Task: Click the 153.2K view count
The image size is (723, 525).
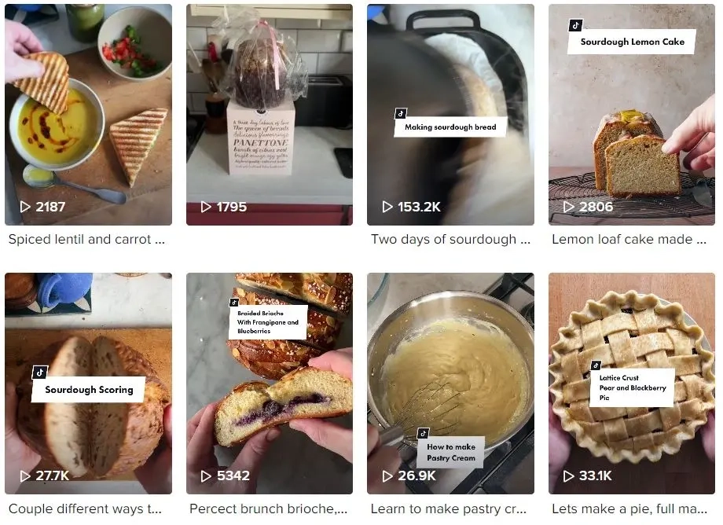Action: (x=420, y=207)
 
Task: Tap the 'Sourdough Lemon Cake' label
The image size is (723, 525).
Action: (x=632, y=42)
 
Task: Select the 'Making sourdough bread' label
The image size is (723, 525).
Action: (x=450, y=127)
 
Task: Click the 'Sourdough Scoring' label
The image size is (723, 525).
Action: (x=88, y=389)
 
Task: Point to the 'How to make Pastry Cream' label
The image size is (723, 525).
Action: (x=450, y=453)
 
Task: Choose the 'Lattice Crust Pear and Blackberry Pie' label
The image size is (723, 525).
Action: (x=632, y=387)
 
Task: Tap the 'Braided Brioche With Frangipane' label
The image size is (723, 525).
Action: (x=267, y=322)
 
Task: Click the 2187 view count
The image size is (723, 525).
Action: (x=50, y=207)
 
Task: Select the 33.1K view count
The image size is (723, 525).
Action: (x=597, y=475)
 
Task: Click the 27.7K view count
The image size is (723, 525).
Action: (x=52, y=475)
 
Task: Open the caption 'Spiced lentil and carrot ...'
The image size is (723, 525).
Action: (x=86, y=240)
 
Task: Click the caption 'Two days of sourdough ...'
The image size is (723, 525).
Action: (x=450, y=240)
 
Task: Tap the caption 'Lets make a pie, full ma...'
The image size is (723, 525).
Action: (x=629, y=508)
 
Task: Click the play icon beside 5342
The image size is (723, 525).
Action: (x=206, y=475)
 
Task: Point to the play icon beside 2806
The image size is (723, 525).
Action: (x=568, y=207)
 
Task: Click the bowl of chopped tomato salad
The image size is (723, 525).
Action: (x=133, y=43)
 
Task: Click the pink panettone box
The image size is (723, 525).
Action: (x=260, y=138)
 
